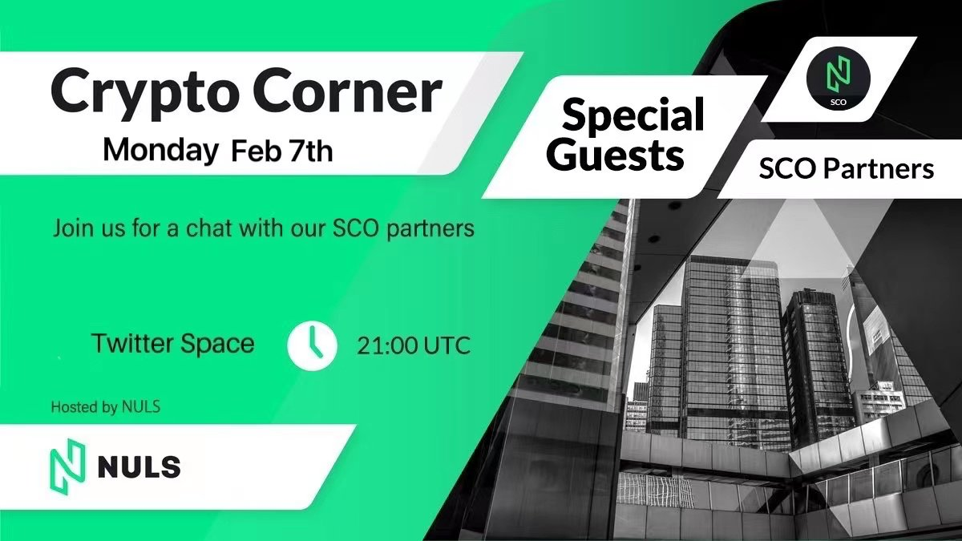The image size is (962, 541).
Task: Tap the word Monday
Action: click(160, 151)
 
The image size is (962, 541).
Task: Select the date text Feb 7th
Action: click(281, 151)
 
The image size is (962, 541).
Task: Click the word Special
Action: click(633, 114)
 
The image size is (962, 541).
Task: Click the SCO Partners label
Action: click(846, 169)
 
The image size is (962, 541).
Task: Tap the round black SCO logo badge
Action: click(839, 80)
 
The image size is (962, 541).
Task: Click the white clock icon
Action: click(312, 345)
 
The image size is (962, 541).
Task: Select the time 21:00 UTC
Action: click(414, 345)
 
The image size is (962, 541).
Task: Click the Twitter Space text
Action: click(173, 344)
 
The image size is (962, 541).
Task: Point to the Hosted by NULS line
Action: click(106, 406)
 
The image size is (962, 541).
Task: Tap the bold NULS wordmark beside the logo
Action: click(139, 467)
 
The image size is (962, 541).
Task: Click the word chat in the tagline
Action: click(210, 228)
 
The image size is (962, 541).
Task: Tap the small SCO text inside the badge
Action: click(839, 103)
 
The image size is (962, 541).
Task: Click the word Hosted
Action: click(75, 406)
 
